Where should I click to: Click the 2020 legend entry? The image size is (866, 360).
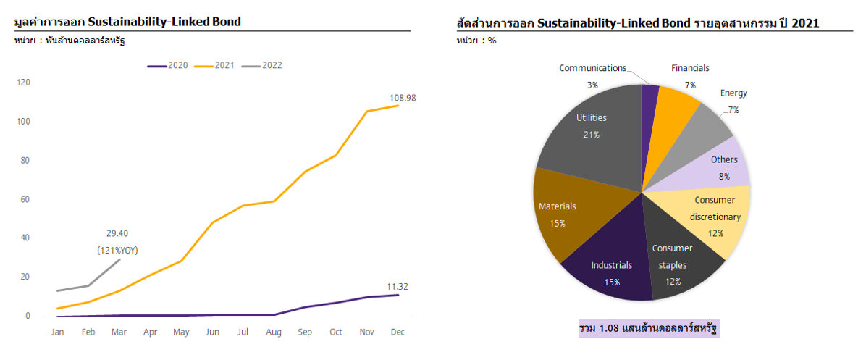click(x=168, y=65)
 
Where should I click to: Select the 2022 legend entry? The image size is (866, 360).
click(x=262, y=65)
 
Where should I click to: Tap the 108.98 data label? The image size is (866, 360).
click(x=402, y=98)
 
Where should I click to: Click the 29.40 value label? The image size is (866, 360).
click(x=118, y=233)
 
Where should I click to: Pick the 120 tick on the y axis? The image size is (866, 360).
click(x=24, y=83)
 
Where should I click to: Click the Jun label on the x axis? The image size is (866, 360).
click(x=212, y=332)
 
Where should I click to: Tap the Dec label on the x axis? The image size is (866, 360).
click(x=398, y=332)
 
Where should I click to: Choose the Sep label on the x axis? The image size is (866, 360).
click(x=305, y=332)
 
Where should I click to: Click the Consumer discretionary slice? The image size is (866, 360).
click(x=713, y=217)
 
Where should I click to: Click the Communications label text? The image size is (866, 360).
click(x=592, y=68)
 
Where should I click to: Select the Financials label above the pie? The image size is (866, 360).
click(x=690, y=68)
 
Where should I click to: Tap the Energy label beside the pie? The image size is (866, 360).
click(x=733, y=93)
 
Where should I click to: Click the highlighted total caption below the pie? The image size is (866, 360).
click(x=649, y=329)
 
